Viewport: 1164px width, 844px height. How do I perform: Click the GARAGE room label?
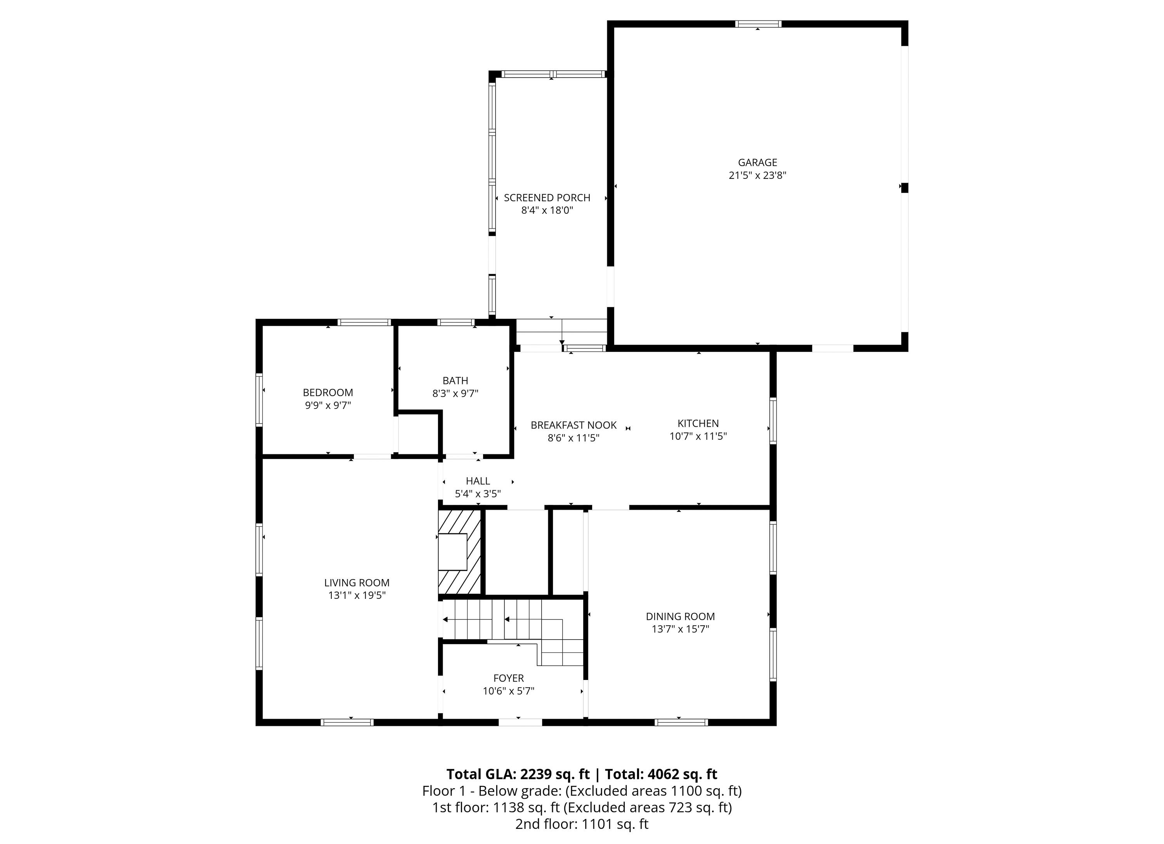(757, 163)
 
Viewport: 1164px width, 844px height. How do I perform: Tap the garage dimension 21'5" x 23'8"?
(757, 175)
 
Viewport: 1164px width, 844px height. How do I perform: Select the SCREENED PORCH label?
(547, 197)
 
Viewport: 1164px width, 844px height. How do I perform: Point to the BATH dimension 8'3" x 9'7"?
(455, 394)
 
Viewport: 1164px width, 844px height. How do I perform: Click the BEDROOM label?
(328, 393)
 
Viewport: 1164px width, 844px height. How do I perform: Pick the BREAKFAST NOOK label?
(573, 425)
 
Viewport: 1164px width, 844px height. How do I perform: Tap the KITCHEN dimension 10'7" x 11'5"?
(698, 436)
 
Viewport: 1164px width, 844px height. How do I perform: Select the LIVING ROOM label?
(357, 583)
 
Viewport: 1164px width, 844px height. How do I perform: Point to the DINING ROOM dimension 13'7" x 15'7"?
(680, 629)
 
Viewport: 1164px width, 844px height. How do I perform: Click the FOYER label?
(509, 678)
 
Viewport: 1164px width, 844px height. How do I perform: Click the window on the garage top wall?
(758, 24)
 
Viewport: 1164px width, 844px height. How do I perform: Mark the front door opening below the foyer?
(520, 722)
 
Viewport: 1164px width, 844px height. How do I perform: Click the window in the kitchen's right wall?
(773, 421)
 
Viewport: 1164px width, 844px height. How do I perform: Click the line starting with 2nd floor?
(582, 824)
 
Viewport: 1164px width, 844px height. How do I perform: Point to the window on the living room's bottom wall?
(347, 722)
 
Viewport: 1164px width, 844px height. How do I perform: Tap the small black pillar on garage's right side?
(905, 188)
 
